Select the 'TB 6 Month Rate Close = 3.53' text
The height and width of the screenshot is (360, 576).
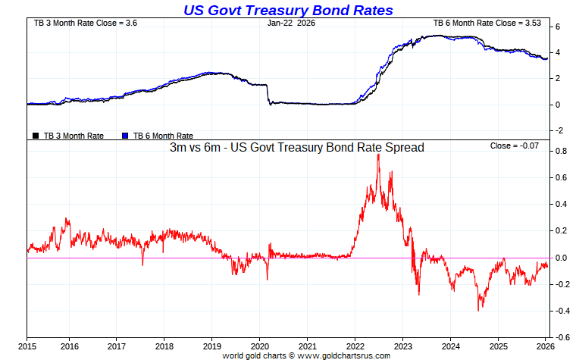coord(487,23)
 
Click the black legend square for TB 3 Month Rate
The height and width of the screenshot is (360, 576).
coord(36,136)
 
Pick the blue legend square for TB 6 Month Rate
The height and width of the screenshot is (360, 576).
coord(126,136)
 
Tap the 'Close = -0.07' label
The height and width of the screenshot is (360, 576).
coord(515,146)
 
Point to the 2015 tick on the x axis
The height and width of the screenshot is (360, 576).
coord(27,346)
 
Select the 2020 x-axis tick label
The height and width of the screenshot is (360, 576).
coord(259,346)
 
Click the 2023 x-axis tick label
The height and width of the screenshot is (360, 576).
coord(402,346)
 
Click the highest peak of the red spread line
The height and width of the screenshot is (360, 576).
coord(377,155)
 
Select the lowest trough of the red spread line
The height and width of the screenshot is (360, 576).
coord(478,310)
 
